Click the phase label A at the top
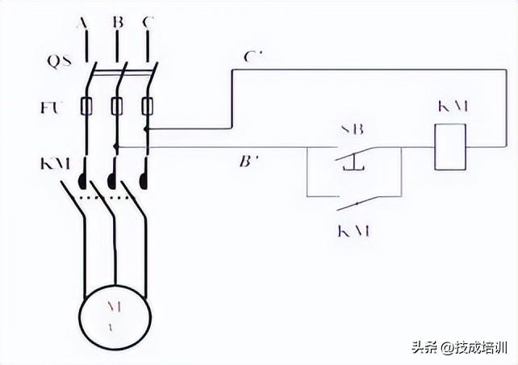[x=82, y=24]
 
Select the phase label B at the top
[x=118, y=24]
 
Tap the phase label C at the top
[x=147, y=24]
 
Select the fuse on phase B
[x=116, y=106]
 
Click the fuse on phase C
[x=147, y=106]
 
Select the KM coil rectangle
[x=450, y=146]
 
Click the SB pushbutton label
[x=351, y=128]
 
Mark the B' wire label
[x=249, y=162]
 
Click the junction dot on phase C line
[x=147, y=128]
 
